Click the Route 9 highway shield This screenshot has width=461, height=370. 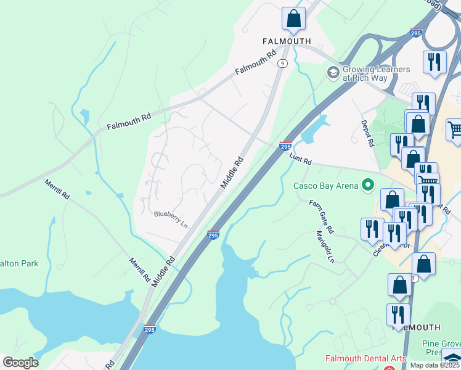(x=282, y=63)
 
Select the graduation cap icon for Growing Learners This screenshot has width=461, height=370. (x=333, y=73)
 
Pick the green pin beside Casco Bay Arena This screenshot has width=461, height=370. (x=369, y=184)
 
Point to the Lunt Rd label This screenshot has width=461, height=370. (x=300, y=158)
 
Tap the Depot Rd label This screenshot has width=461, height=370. (x=368, y=133)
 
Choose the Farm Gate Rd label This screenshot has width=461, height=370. (x=321, y=216)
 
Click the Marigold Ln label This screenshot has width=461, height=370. (x=325, y=247)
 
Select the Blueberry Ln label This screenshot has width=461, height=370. (x=171, y=219)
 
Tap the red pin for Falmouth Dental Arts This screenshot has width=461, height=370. (x=389, y=368)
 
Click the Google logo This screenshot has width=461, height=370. (x=20, y=362)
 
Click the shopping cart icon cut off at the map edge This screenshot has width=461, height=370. (x=455, y=130)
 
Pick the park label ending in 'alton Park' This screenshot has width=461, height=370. (x=19, y=263)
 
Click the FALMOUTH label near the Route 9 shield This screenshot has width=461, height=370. (x=287, y=41)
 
